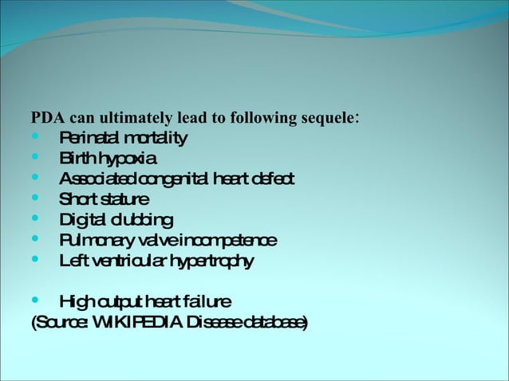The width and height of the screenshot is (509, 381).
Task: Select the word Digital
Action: pos(84,219)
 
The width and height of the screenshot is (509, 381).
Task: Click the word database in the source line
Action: pos(270,322)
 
